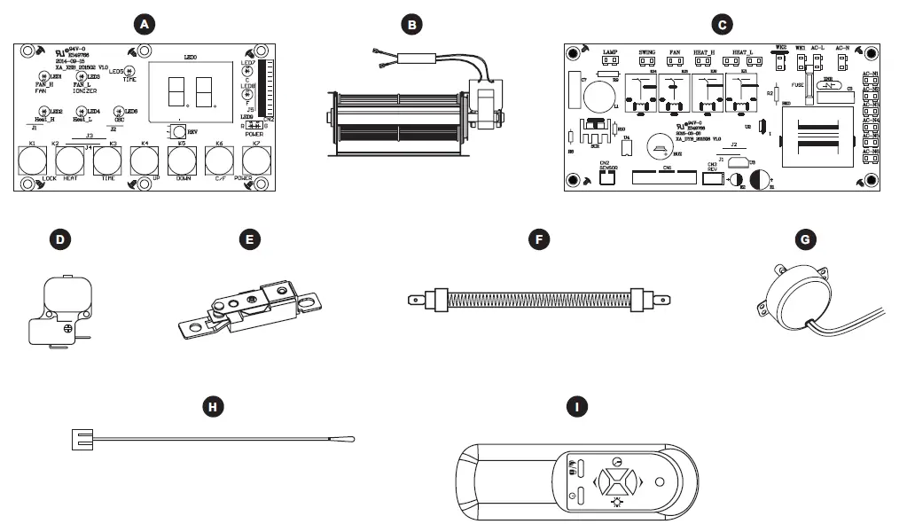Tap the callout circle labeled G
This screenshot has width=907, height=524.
tap(805, 239)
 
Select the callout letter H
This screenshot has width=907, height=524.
tap(212, 407)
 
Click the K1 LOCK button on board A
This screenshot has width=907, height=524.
tap(33, 160)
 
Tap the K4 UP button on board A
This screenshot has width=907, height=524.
tap(145, 160)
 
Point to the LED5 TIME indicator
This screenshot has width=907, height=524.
tap(129, 71)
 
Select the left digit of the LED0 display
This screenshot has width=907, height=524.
tap(175, 91)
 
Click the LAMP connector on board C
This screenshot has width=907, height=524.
tap(609, 63)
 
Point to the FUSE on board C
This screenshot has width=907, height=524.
tap(809, 89)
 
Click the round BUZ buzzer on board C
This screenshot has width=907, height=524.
tap(661, 145)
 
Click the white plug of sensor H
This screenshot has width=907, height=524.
tap(82, 437)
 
